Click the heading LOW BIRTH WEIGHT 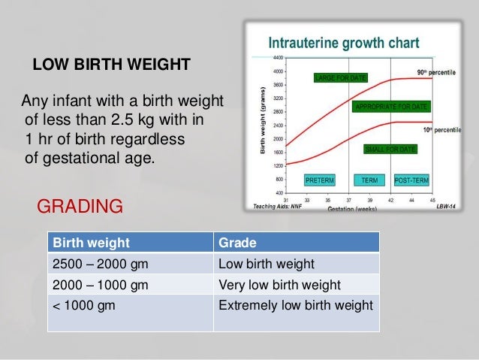point(110,65)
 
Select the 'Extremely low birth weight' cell point(294,305)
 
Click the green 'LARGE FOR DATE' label point(341,77)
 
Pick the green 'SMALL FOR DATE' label point(390,150)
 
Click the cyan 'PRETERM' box point(320,180)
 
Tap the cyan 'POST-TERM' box point(411,180)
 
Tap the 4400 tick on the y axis point(278,57)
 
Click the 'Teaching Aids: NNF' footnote point(277,206)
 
